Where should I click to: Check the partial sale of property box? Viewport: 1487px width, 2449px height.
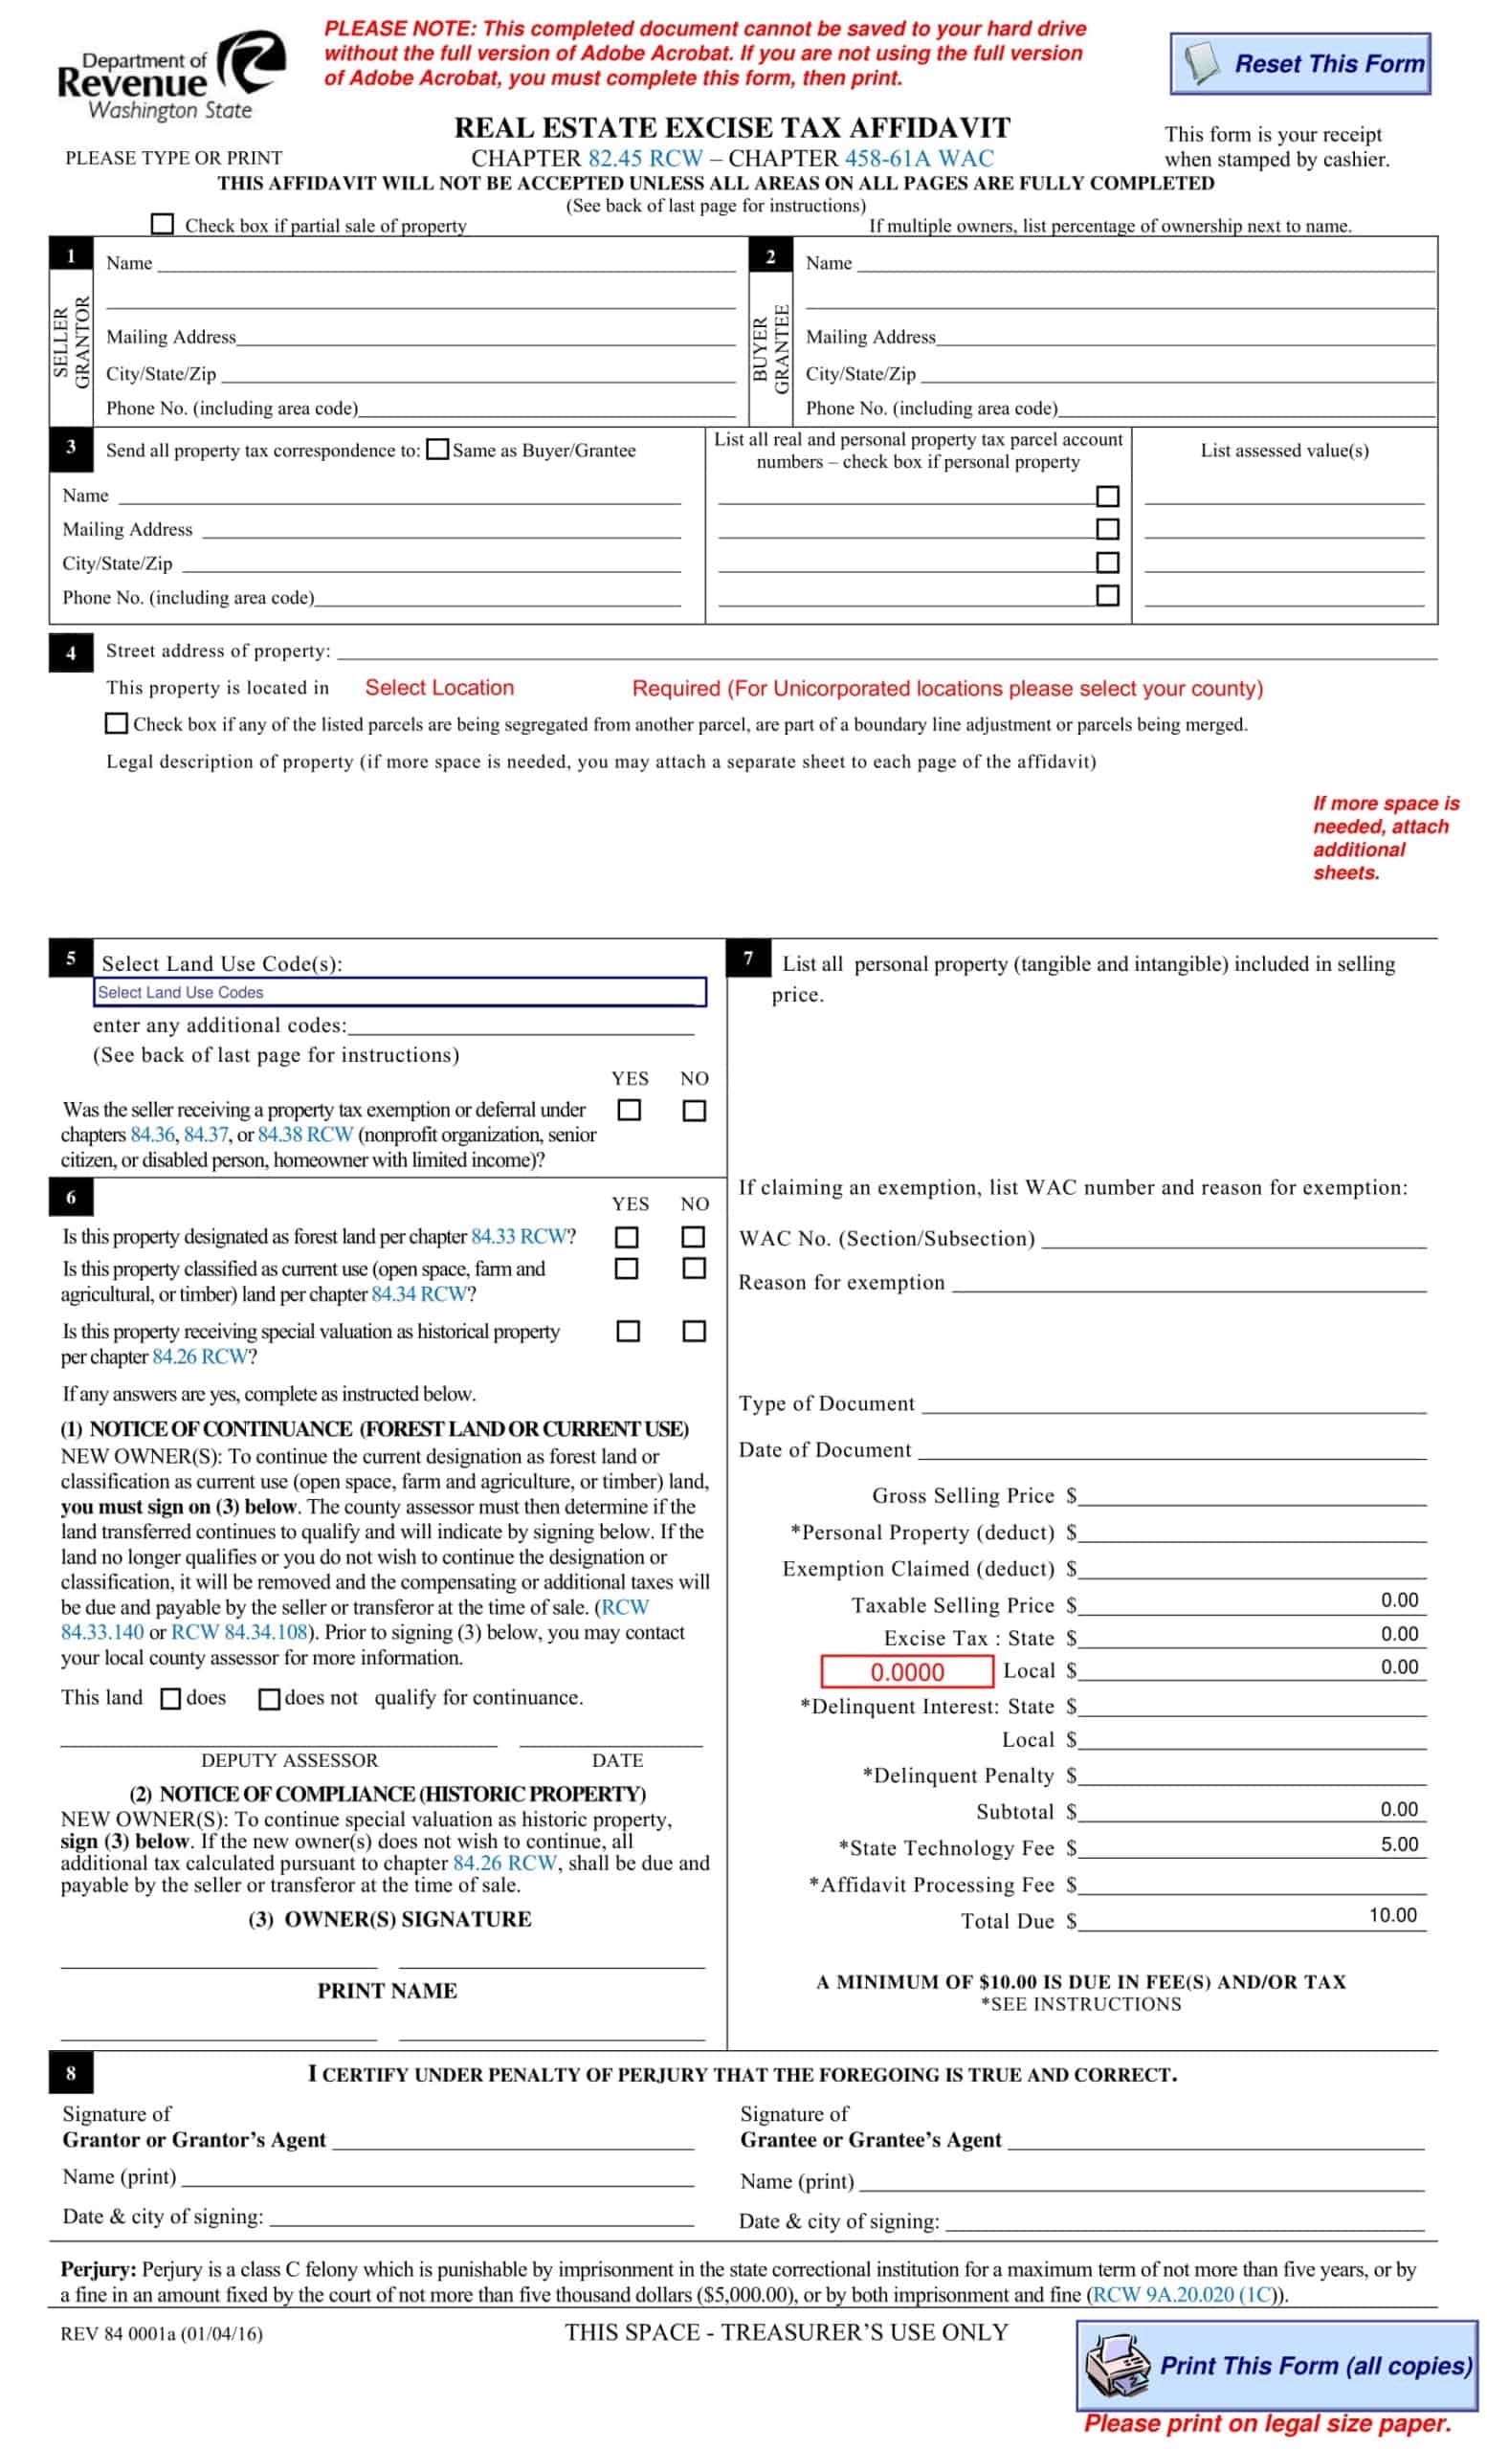[162, 224]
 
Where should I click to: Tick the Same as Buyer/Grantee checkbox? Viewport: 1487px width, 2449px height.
[437, 450]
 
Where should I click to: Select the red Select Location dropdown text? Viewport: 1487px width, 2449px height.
[439, 688]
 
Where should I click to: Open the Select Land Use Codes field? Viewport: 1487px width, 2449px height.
[400, 992]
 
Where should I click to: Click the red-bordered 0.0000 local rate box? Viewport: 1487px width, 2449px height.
[906, 1672]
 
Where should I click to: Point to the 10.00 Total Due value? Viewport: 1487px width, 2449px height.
[1392, 1915]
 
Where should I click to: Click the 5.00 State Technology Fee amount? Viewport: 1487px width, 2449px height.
[1399, 1844]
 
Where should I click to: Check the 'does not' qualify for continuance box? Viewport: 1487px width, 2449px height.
[268, 1699]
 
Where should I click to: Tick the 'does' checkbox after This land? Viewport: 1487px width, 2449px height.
[171, 1699]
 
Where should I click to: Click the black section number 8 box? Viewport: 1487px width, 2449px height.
[71, 2073]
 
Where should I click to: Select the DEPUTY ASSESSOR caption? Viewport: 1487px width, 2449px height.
[289, 1760]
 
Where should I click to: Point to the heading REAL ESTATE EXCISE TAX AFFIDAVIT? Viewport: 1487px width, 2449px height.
[732, 128]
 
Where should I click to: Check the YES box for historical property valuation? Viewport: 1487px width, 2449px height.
[629, 1331]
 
